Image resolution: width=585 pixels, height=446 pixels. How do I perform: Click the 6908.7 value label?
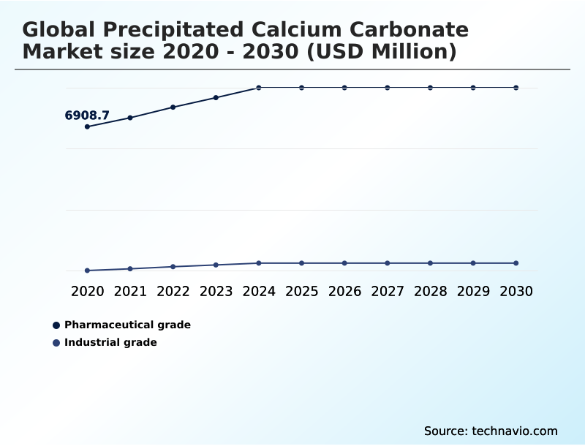(x=87, y=116)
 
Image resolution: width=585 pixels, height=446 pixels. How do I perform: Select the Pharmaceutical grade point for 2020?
(x=88, y=126)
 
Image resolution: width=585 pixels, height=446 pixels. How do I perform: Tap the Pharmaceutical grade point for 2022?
(x=173, y=107)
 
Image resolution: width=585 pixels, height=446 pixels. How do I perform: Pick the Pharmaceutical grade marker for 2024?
(x=259, y=88)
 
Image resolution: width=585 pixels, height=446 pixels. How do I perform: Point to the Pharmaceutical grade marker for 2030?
(x=516, y=88)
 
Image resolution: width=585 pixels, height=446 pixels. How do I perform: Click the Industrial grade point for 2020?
(x=88, y=271)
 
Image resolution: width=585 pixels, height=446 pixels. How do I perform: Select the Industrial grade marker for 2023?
(x=216, y=265)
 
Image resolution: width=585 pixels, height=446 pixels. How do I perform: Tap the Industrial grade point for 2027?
(x=388, y=263)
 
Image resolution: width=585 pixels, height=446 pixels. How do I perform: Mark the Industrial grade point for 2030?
(x=516, y=263)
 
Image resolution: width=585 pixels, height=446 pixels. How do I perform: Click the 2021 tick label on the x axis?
(x=130, y=291)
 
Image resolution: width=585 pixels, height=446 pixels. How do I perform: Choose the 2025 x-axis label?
(x=301, y=291)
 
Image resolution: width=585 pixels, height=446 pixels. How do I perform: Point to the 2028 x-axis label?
(x=430, y=291)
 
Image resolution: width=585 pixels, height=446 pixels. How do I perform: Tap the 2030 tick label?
(x=516, y=291)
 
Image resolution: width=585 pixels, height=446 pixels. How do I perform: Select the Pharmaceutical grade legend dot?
(x=56, y=325)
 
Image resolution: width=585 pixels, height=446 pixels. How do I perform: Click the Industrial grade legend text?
(x=110, y=342)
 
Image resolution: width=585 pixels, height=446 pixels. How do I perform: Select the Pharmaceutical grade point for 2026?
(x=344, y=88)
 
